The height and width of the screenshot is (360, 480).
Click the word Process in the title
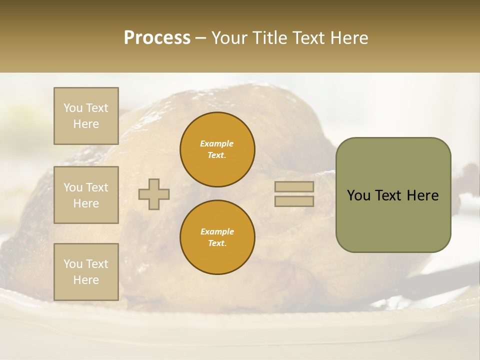pos(157,38)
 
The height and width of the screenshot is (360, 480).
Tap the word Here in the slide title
pos(349,38)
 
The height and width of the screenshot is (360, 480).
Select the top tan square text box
pos(86,116)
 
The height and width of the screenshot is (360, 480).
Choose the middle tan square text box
pos(86,195)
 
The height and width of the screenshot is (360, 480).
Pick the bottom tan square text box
pos(86,272)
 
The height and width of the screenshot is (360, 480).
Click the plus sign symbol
pos(154,194)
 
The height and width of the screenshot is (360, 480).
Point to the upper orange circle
pos(217,149)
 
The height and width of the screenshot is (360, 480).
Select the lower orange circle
pos(217,237)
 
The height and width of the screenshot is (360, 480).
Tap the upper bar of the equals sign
pos(294,187)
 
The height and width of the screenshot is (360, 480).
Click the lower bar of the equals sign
pos(294,201)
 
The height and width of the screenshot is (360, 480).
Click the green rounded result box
pos(393,195)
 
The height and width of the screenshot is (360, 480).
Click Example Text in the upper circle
pos(217,149)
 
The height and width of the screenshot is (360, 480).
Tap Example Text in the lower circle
pos(217,237)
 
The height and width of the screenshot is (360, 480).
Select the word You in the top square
pos(73,108)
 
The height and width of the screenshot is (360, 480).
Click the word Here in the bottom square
pos(86,280)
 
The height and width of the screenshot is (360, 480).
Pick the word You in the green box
pos(358,195)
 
